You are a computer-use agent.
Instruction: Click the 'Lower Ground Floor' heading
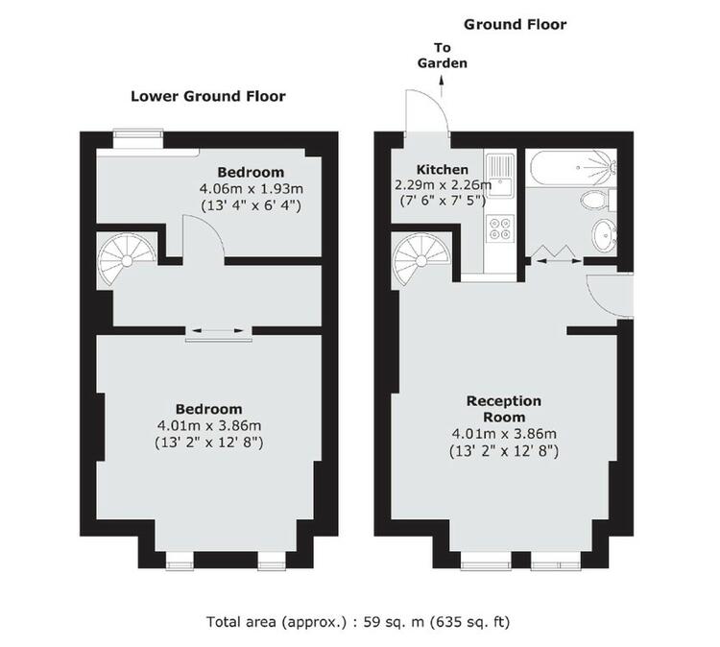[x=208, y=96]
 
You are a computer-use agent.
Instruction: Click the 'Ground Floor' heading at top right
[x=516, y=24]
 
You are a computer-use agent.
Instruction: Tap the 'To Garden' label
[x=443, y=55]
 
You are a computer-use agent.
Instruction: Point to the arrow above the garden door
[x=442, y=85]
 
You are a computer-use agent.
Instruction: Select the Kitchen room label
[x=443, y=170]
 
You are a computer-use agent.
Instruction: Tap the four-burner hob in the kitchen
[x=500, y=228]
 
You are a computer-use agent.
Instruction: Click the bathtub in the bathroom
[x=572, y=168]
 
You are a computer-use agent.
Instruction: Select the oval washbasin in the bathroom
[x=604, y=234]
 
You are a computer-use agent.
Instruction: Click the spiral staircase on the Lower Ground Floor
[x=127, y=260]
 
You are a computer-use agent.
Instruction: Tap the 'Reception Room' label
[x=504, y=409]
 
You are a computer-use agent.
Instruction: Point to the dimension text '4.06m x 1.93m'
[x=252, y=189]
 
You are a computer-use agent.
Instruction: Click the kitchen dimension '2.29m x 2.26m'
[x=444, y=185]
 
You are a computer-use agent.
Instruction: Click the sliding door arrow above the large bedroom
[x=219, y=330]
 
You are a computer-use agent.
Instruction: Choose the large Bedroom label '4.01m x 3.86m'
[x=209, y=425]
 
